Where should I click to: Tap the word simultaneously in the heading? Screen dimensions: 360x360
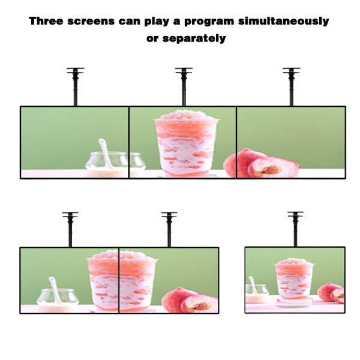[x=289, y=22]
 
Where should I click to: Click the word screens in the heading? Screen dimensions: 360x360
[x=97, y=22]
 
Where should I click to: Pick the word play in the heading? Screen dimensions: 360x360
[x=163, y=22]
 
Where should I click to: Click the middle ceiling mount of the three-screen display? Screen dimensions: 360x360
[x=184, y=84]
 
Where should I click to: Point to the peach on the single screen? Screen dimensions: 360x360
[x=331, y=292]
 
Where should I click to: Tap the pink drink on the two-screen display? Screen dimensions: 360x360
[x=120, y=280]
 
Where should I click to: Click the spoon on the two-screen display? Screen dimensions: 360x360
[x=56, y=289]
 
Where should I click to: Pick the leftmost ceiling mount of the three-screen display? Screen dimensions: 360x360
[x=76, y=84]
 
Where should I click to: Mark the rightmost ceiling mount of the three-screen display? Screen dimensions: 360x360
[x=291, y=84]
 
